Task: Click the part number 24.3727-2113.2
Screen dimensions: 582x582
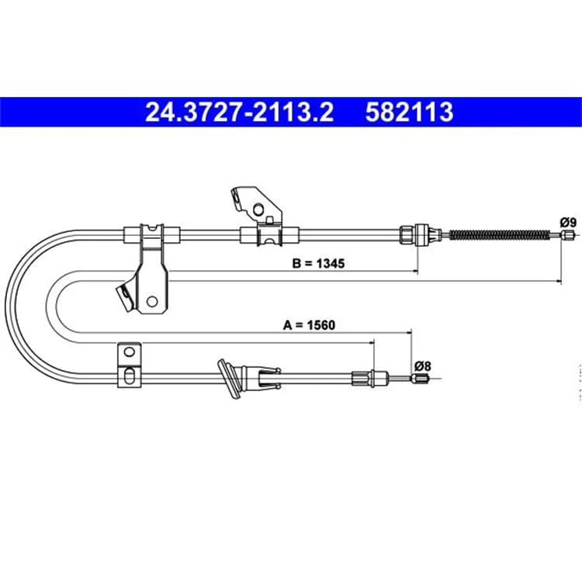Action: click(240, 112)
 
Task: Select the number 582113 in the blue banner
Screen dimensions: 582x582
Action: click(410, 112)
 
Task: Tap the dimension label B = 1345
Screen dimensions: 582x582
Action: click(318, 263)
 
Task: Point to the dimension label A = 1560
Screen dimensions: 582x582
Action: click(309, 325)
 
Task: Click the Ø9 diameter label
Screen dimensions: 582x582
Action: click(568, 223)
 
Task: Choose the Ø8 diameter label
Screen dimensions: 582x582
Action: click(423, 366)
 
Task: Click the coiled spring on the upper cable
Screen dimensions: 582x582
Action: click(500, 234)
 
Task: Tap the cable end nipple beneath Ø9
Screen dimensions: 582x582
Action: click(567, 235)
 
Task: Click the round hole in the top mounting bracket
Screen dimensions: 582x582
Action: click(258, 210)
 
